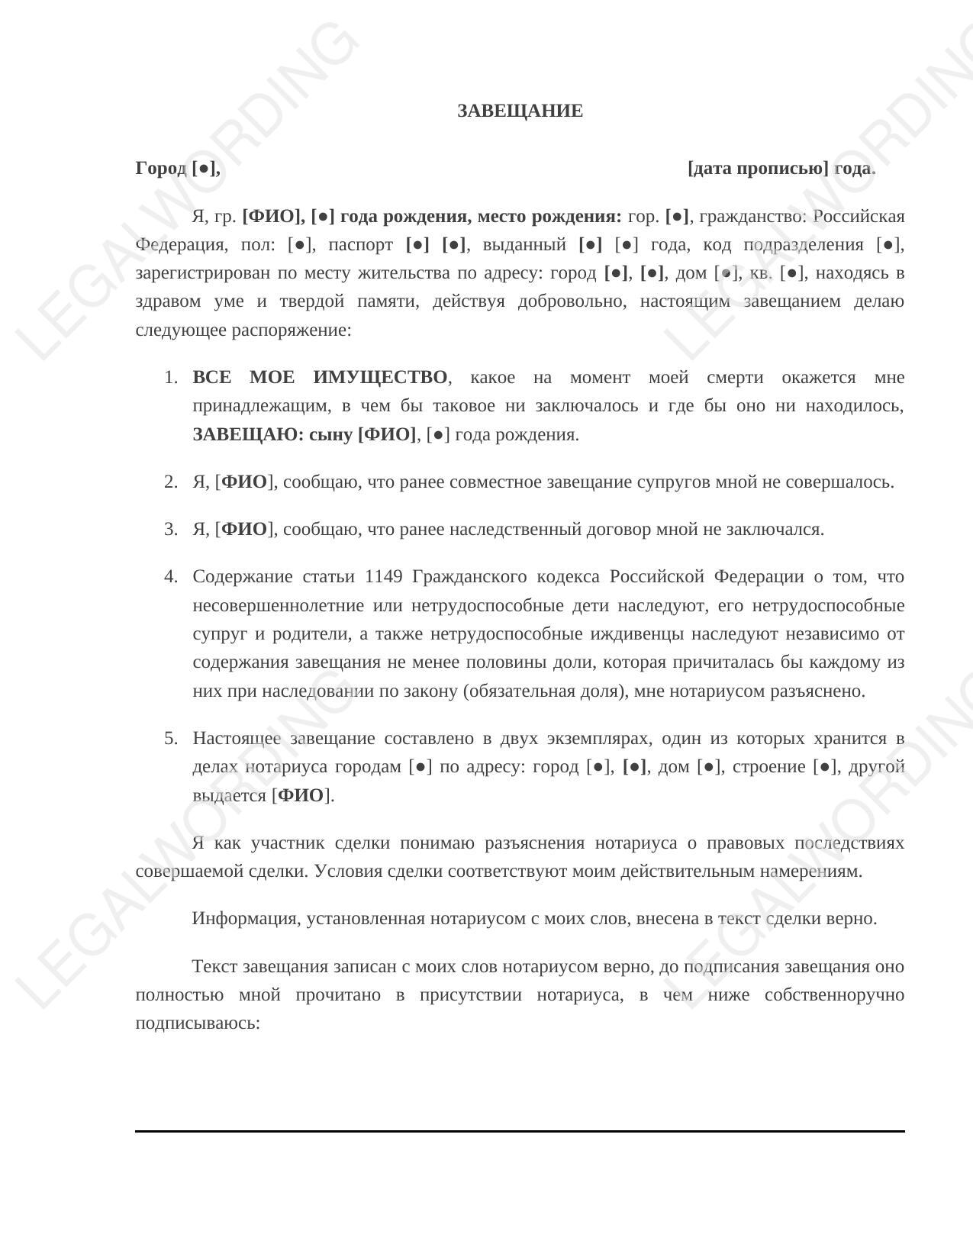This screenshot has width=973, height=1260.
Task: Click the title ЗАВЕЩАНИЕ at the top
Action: pyautogui.click(x=520, y=111)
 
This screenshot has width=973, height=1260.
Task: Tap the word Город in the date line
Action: pyautogui.click(x=160, y=169)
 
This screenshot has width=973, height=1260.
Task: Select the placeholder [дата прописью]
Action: pyautogui.click(x=757, y=169)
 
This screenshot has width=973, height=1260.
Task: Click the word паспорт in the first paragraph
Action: pyautogui.click(x=360, y=245)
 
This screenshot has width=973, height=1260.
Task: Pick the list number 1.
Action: pyautogui.click(x=171, y=378)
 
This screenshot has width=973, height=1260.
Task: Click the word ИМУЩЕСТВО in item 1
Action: pyautogui.click(x=380, y=378)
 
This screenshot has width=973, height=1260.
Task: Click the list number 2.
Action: pyautogui.click(x=171, y=482)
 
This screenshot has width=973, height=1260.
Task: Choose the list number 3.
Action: pyautogui.click(x=171, y=530)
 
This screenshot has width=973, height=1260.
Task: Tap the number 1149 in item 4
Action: pyautogui.click(x=384, y=577)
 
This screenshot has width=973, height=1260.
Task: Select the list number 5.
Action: pyautogui.click(x=171, y=739)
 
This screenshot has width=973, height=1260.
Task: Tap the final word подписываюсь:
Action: pyautogui.click(x=198, y=1023)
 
